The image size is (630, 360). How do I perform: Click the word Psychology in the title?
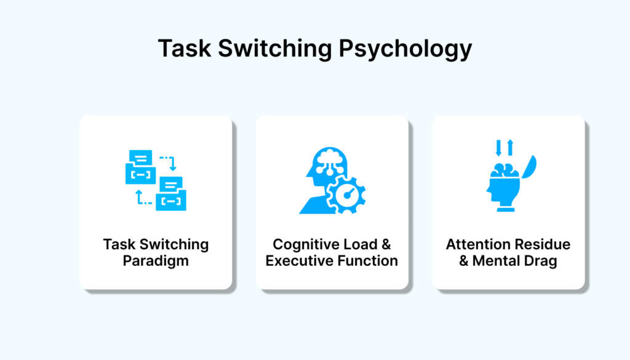point(405,49)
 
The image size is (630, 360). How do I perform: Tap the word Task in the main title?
point(185,48)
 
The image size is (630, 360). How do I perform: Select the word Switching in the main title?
point(275,49)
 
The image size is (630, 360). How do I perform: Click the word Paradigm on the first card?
point(156,261)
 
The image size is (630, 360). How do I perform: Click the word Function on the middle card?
point(364,261)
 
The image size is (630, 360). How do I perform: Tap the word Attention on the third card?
point(477,244)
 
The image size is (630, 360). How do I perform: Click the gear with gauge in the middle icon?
point(346,195)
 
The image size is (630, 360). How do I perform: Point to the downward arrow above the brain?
point(498,148)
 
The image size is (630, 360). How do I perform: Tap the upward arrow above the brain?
point(510,148)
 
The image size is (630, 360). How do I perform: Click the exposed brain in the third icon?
point(505,170)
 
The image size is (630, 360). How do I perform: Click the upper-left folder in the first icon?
point(141,167)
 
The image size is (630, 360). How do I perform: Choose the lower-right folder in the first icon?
point(171,194)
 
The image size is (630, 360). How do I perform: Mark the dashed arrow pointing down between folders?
point(169,162)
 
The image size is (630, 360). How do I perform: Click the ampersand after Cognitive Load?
point(386,244)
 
